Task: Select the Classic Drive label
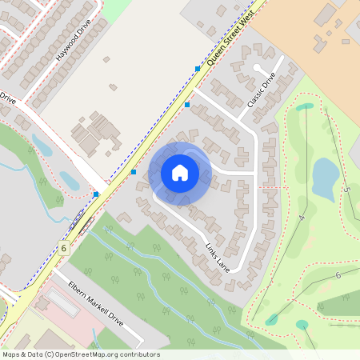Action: click(262, 90)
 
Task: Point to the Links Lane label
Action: click(217, 256)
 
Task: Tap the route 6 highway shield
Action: click(62, 248)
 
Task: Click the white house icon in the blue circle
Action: click(180, 173)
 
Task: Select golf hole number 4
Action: click(302, 217)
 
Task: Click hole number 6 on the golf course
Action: click(338, 274)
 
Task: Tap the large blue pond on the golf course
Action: click(323, 178)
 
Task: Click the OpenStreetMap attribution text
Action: click(81, 354)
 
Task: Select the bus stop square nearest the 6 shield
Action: click(96, 194)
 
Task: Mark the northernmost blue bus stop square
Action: click(198, 69)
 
